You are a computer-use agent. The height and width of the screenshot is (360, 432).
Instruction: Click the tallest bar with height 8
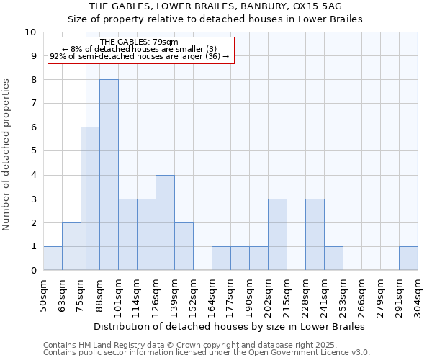109,175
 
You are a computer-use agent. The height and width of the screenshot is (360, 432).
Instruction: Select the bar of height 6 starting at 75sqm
90,199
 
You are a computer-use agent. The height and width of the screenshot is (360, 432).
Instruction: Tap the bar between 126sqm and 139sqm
165,222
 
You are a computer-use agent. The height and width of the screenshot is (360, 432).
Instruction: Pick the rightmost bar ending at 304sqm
408,258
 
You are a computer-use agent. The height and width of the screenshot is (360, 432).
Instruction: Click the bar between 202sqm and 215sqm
277,235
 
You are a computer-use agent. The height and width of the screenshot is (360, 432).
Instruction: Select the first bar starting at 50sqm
53,258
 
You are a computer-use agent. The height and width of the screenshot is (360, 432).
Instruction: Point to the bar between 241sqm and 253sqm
333,258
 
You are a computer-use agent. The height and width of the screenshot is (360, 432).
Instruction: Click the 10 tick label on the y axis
30,32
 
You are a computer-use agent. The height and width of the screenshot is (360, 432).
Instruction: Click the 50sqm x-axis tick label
43,296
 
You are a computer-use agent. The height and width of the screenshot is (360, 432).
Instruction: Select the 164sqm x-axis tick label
212,296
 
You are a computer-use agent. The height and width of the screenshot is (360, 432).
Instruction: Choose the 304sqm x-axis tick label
418,296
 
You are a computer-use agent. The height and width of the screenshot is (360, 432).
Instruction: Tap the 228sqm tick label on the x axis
305,296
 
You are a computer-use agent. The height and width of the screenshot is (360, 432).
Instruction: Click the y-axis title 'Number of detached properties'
7,155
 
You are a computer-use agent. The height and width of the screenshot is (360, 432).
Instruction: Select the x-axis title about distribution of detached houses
230,326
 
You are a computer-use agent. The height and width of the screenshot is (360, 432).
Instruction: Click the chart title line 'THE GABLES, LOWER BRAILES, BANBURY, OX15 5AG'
215,6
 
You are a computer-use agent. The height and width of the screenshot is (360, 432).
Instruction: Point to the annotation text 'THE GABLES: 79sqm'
140,42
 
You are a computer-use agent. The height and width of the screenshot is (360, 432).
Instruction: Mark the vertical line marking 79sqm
86,180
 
